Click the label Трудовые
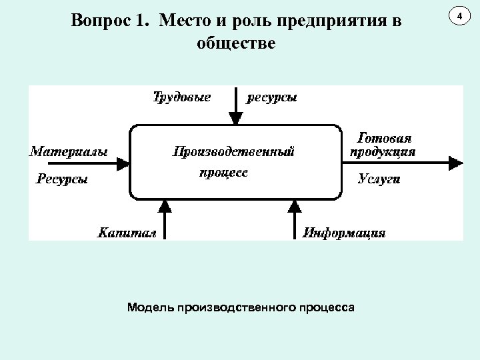(x=183, y=97)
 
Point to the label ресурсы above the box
(x=273, y=97)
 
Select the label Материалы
(x=69, y=151)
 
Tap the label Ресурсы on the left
(x=62, y=178)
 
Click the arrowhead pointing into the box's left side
(x=123, y=162)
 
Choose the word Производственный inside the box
(x=233, y=151)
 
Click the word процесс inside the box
(x=223, y=172)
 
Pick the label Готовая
(x=385, y=138)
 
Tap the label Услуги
(x=379, y=179)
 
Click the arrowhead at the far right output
(x=457, y=162)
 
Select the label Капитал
(x=127, y=233)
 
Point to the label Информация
(x=344, y=233)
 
